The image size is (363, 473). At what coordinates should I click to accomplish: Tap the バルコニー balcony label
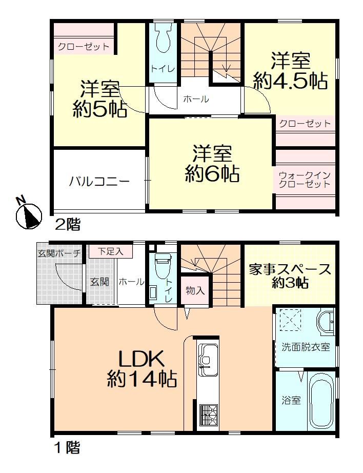[x=99, y=182]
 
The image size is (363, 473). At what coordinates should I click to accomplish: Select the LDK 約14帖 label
[x=142, y=369]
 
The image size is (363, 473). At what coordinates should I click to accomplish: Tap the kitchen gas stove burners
[x=208, y=415]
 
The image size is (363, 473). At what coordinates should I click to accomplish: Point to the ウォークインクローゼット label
[x=305, y=180]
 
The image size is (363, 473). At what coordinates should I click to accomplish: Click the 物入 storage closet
[x=195, y=290]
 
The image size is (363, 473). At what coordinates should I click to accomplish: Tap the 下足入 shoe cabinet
[x=111, y=251]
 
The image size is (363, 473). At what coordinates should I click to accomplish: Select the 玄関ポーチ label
[x=59, y=253]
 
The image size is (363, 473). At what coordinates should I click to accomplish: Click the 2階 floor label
[x=68, y=225]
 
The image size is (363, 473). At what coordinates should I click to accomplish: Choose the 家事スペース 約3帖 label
[x=290, y=275]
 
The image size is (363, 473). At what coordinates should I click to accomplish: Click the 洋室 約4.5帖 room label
[x=290, y=71]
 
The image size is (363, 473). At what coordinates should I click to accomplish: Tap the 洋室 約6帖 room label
[x=212, y=164]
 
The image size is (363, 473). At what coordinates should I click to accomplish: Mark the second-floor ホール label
[x=196, y=98]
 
